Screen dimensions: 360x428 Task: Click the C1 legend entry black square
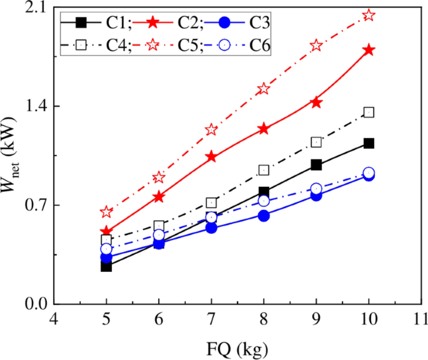click(81, 22)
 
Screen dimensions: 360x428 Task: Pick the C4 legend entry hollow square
click(81, 45)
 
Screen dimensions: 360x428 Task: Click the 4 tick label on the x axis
click(54, 319)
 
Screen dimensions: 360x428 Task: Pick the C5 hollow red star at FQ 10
click(369, 15)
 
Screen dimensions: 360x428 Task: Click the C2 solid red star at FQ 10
click(369, 50)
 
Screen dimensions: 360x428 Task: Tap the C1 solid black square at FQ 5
click(106, 266)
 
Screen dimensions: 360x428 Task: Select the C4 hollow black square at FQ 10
click(369, 112)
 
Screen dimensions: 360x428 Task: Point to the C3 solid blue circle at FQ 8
click(264, 216)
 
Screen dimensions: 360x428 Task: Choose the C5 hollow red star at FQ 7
click(211, 129)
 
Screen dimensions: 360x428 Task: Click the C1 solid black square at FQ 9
click(316, 165)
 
